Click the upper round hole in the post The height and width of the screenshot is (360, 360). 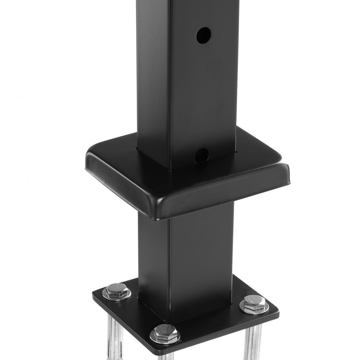point(203,35)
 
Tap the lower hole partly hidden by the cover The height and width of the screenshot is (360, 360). point(203,154)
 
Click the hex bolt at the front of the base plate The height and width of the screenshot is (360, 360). point(165,333)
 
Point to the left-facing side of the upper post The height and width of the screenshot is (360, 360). point(153,72)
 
